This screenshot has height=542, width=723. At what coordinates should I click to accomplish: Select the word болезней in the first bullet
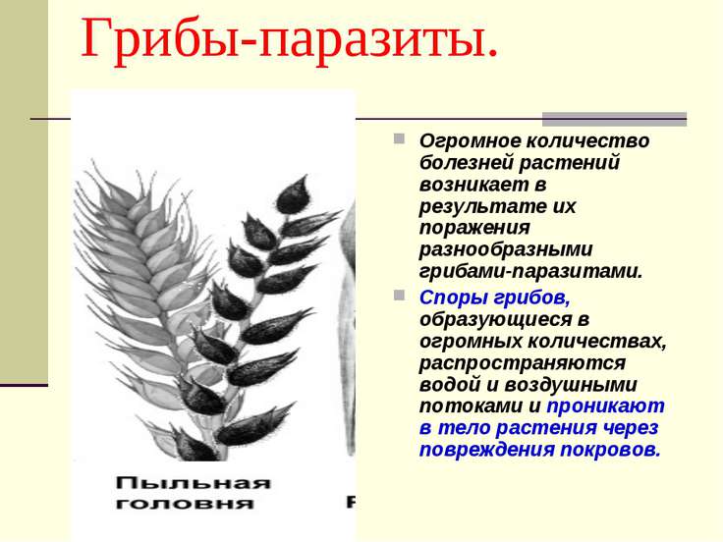click(465, 163)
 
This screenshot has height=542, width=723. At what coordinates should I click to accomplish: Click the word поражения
click(474, 229)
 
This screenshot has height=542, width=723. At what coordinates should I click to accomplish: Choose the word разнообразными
click(506, 250)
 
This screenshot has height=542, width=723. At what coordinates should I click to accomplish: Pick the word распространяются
click(522, 363)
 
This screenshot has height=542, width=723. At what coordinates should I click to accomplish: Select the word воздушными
click(570, 385)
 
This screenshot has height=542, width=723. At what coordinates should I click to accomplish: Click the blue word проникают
click(605, 406)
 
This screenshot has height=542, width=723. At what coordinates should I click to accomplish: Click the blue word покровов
click(610, 450)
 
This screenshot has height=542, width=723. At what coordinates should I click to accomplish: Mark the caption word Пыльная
click(193, 483)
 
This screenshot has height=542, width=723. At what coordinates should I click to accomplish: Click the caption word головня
click(185, 504)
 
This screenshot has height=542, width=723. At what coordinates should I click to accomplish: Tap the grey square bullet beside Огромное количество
click(399, 138)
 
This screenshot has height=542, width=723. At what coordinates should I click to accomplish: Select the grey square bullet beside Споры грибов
click(399, 295)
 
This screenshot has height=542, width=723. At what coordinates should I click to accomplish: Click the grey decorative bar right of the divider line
click(614, 119)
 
